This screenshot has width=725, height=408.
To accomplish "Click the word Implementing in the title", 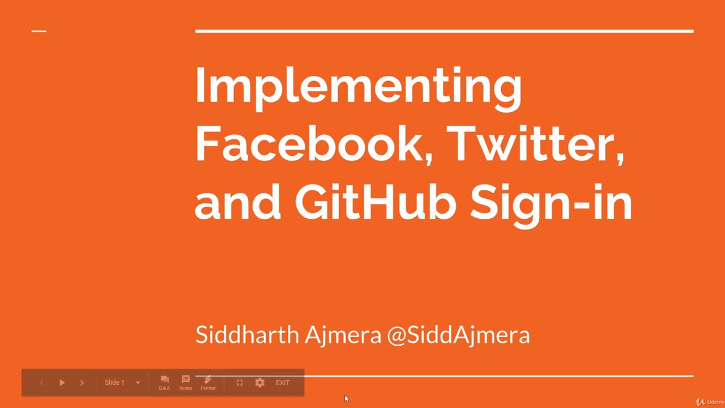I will (358, 86).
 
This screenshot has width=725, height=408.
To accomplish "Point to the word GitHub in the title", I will (375, 202).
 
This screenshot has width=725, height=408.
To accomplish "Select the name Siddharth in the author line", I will (247, 334).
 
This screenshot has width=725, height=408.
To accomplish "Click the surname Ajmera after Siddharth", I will (343, 335).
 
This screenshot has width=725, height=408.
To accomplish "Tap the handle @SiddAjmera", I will (458, 335).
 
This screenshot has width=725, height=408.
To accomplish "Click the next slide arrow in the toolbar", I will (82, 383).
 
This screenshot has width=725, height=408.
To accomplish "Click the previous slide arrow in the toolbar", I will (41, 383).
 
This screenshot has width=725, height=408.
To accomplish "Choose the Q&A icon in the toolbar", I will (164, 382).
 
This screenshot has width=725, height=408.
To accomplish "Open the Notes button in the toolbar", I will (186, 382).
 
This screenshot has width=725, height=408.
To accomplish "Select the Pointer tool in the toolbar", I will (208, 382).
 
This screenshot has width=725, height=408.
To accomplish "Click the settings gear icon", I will (260, 383).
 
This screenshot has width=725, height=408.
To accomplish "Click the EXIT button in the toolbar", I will (283, 383).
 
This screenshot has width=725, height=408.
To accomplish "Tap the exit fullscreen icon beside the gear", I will (240, 383).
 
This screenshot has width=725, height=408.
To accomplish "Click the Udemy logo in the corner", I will (710, 402).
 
